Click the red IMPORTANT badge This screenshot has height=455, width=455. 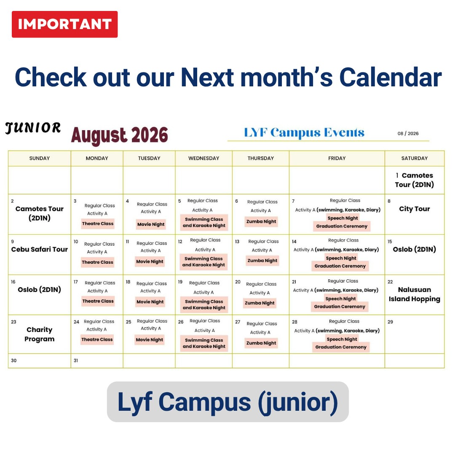[65, 24]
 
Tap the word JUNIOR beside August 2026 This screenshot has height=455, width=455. [33, 128]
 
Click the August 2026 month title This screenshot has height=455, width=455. [120, 135]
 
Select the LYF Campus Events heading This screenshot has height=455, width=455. [304, 132]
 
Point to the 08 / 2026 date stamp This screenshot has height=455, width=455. [408, 134]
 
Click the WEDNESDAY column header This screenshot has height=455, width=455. [204, 158]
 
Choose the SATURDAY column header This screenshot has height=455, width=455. [415, 158]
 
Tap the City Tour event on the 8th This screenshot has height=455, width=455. [415, 209]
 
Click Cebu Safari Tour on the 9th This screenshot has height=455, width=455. [40, 249]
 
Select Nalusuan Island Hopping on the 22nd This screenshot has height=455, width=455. [415, 294]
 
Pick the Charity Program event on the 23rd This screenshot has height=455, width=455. [40, 334]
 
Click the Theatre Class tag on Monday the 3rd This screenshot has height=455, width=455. [98, 224]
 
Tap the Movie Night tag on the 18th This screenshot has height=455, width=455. [150, 302]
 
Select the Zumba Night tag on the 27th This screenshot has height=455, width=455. [261, 343]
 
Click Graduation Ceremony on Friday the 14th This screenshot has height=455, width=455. [340, 266]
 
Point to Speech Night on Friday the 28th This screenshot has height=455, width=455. [342, 339]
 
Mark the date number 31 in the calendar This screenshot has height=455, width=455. [76, 361]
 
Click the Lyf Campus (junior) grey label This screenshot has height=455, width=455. [228, 402]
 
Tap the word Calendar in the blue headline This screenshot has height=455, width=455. [391, 77]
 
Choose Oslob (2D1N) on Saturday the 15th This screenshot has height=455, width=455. [415, 249]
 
